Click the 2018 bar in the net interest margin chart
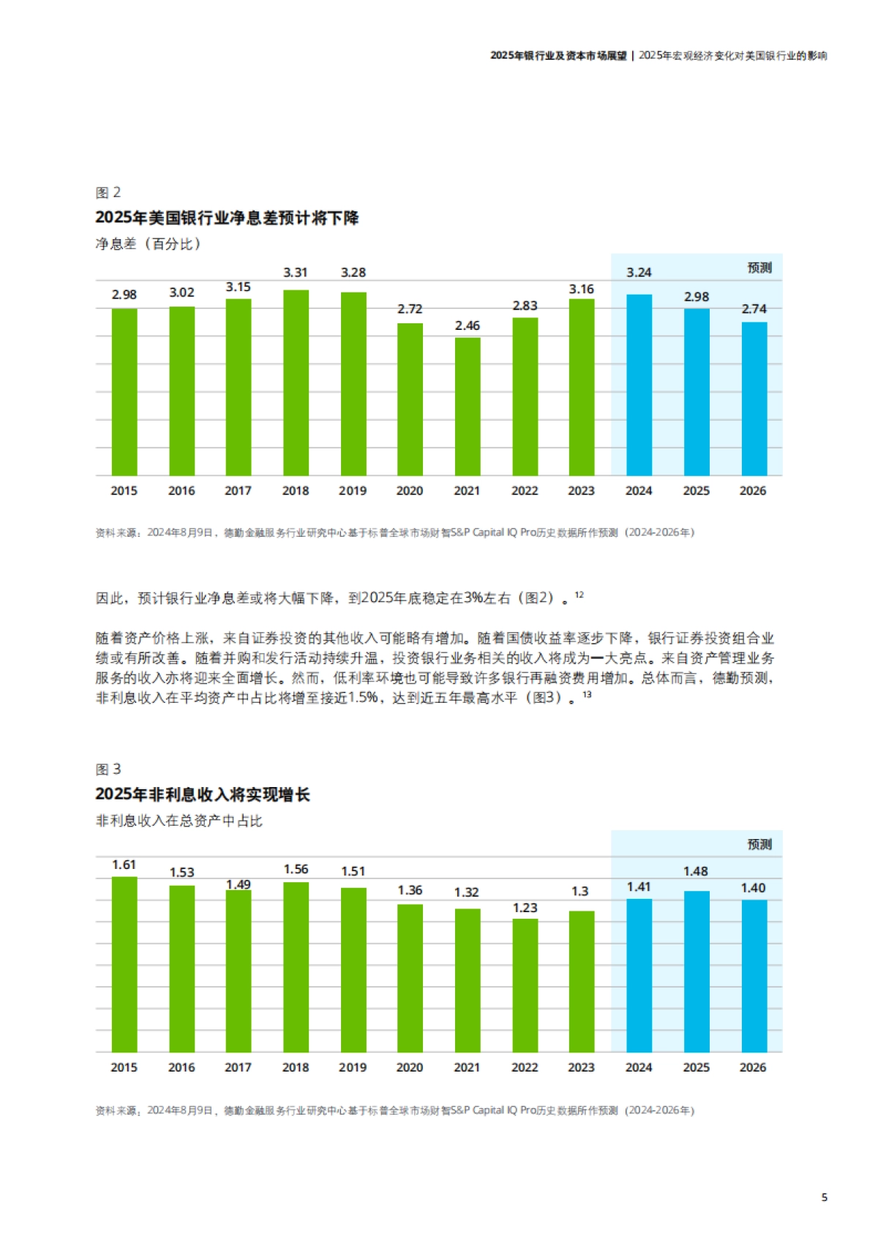[296, 383]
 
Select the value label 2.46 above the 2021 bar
[468, 325]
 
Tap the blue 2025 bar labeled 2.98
[696, 392]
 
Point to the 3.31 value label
[296, 272]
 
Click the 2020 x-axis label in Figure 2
[410, 491]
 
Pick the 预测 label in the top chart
[759, 268]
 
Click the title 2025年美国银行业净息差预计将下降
[227, 218]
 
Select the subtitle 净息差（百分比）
[148, 244]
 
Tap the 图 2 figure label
[108, 192]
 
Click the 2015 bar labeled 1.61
[124, 964]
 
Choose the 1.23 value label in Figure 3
[525, 908]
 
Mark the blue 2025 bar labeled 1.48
[696, 971]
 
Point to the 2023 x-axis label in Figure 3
[582, 1067]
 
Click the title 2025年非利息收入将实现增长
[203, 794]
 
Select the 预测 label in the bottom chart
[759, 844]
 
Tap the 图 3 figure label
[108, 769]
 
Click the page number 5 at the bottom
[825, 1197]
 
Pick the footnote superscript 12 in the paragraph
[579, 595]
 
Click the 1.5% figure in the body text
[363, 698]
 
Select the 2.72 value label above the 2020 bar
[410, 309]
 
